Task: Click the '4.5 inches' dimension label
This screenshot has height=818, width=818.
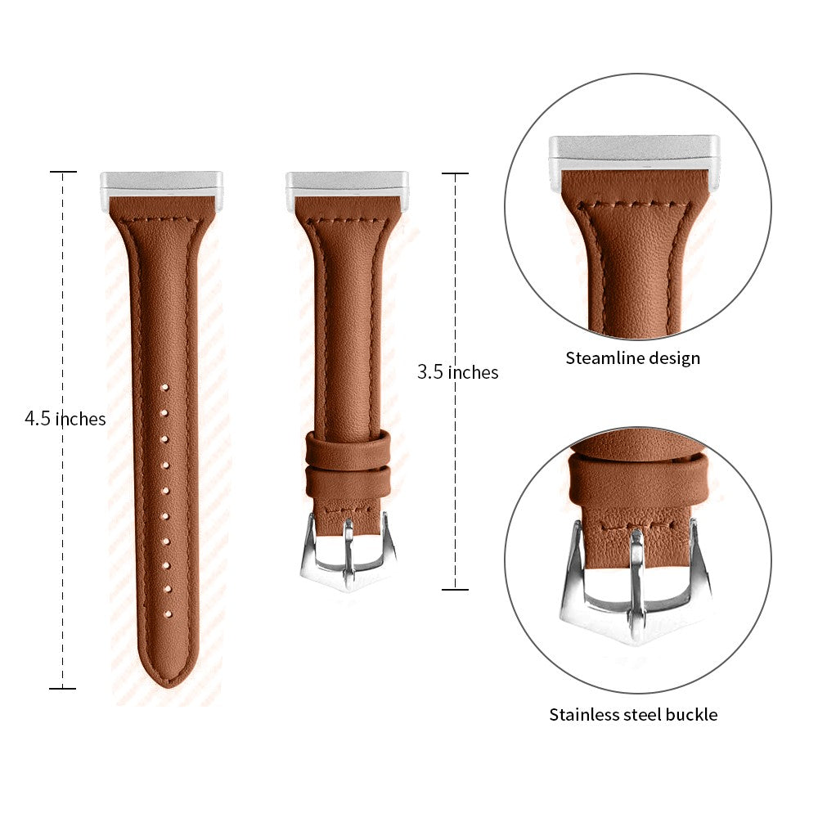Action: click(65, 418)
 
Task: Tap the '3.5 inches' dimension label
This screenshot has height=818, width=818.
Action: click(457, 372)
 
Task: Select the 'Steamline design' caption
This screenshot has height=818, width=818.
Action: click(633, 358)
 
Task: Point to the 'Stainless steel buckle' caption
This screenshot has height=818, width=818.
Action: click(633, 714)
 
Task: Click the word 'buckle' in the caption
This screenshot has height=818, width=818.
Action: click(691, 714)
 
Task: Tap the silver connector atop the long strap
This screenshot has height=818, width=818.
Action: click(162, 185)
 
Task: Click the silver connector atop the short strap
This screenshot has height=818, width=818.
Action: click(347, 185)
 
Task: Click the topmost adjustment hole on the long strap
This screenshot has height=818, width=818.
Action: click(164, 388)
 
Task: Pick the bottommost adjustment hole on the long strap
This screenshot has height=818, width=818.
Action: click(168, 614)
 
